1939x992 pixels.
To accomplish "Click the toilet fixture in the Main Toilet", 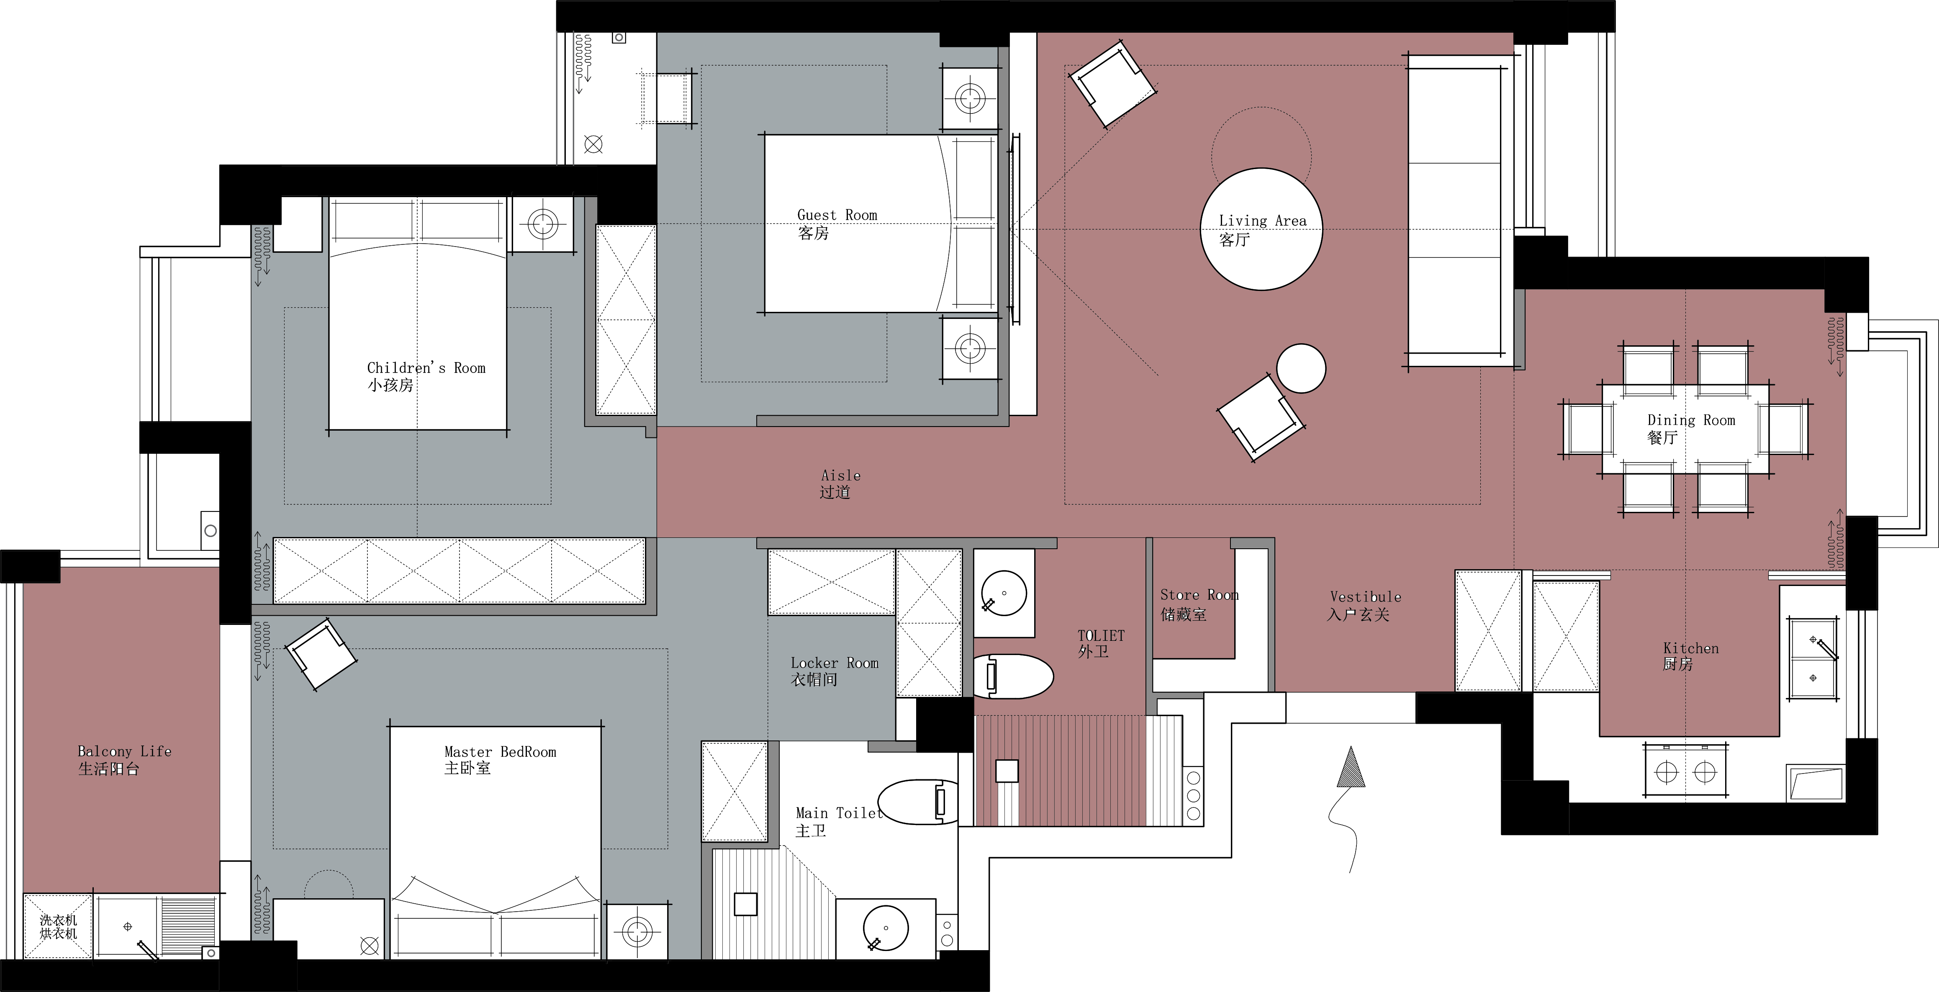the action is (x=918, y=802).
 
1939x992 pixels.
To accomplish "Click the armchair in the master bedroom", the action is (x=320, y=654).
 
